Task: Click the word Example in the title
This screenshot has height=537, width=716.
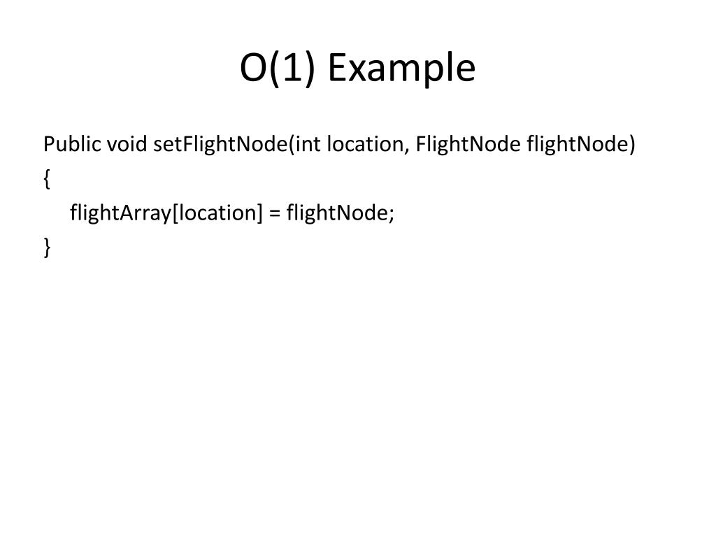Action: (x=401, y=69)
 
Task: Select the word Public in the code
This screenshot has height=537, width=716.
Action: (x=72, y=145)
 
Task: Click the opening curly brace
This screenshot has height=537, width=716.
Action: (x=46, y=180)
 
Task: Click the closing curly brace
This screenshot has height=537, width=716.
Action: (x=46, y=248)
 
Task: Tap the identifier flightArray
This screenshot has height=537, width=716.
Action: (x=120, y=213)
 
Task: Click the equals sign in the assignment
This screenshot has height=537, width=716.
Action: (x=273, y=213)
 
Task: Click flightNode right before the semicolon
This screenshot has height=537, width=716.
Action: (x=336, y=213)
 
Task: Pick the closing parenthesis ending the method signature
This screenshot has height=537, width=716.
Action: (x=632, y=145)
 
